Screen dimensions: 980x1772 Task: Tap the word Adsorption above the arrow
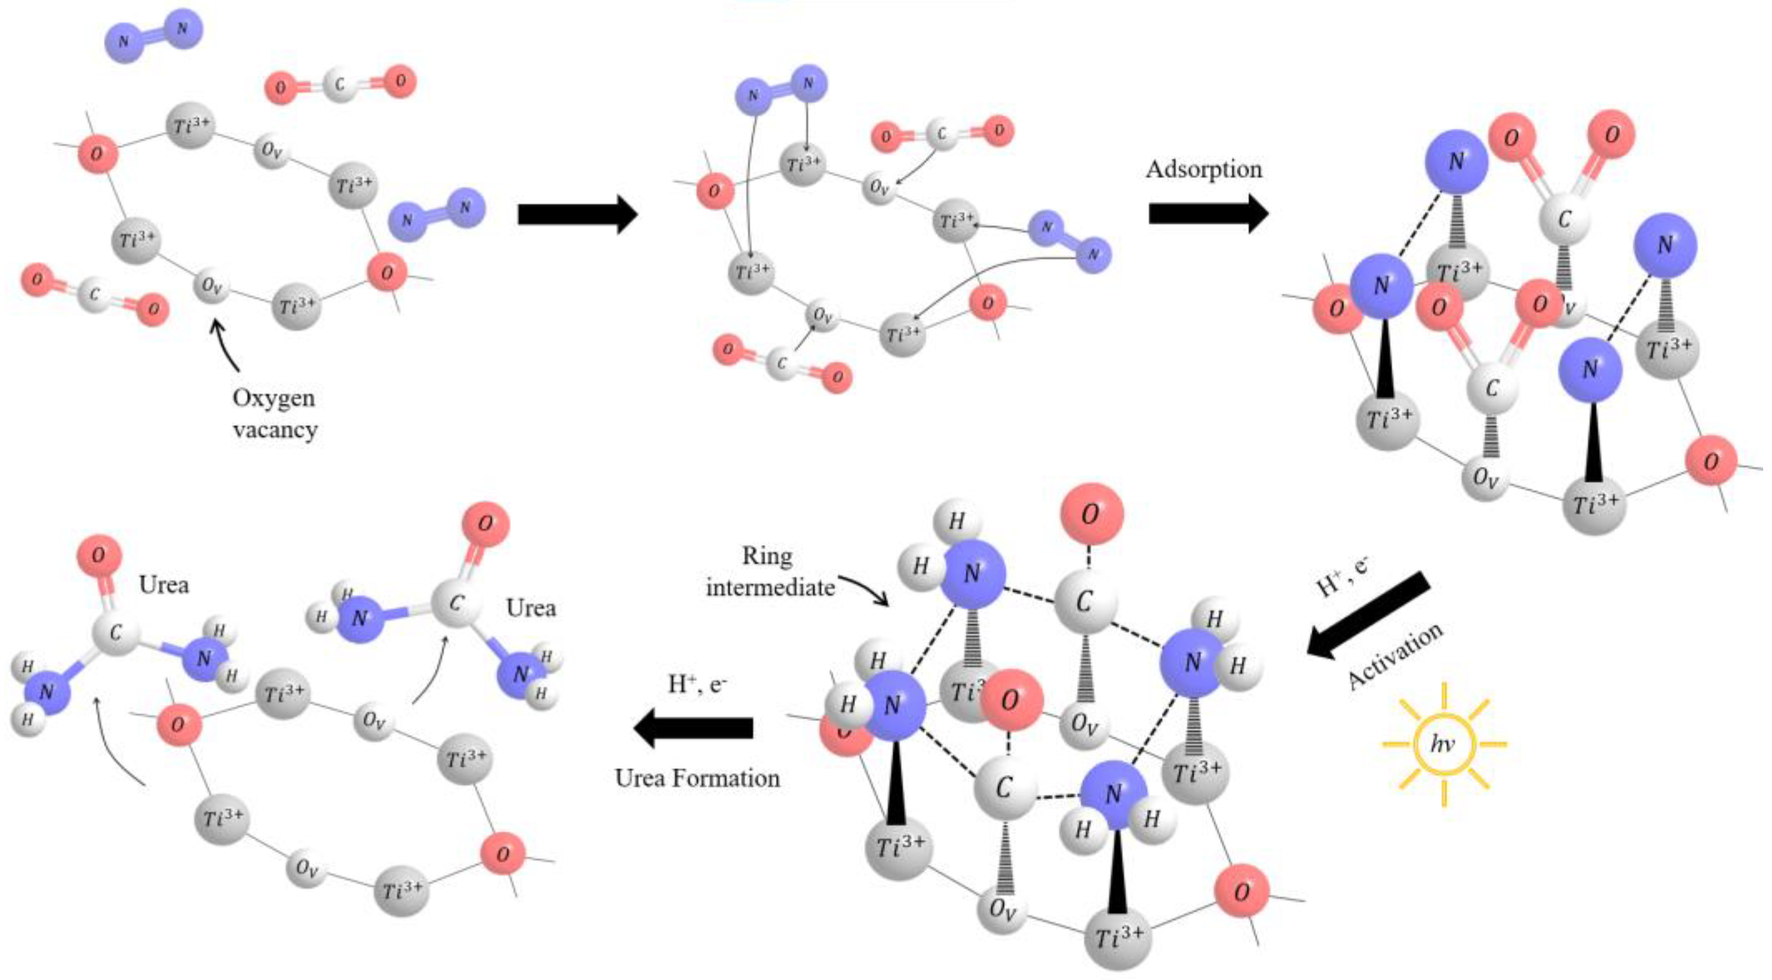click(1204, 169)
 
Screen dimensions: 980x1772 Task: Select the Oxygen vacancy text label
click(274, 414)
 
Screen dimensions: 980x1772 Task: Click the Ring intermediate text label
click(769, 571)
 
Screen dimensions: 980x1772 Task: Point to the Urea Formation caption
click(697, 778)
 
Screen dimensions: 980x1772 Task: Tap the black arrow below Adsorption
click(1208, 214)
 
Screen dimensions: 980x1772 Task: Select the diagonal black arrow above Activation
click(1369, 615)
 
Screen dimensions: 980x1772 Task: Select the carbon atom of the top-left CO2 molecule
click(340, 85)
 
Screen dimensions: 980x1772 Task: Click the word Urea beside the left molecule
click(164, 585)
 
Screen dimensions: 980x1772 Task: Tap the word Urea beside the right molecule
click(531, 608)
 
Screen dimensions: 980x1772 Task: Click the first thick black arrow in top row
click(578, 214)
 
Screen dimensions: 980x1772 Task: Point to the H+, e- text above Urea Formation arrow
click(697, 683)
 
